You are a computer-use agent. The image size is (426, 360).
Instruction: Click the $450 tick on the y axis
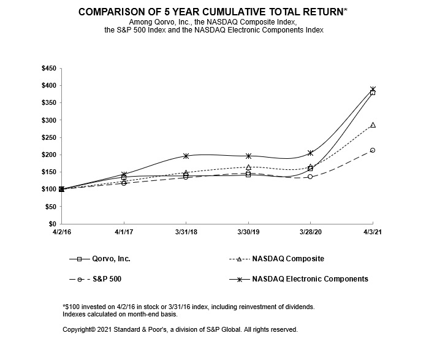click(x=47, y=68)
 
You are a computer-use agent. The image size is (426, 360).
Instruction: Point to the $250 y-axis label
click(x=47, y=137)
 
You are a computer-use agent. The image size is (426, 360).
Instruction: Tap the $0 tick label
click(x=51, y=224)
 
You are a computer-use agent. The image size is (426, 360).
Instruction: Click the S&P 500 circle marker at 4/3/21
click(x=372, y=150)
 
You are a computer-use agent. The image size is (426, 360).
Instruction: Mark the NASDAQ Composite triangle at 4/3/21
click(x=372, y=125)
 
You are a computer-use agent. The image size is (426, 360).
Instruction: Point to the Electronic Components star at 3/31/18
click(x=186, y=156)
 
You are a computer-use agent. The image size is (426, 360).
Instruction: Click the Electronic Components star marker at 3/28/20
click(x=310, y=153)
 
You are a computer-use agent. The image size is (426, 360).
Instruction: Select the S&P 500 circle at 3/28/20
click(x=310, y=177)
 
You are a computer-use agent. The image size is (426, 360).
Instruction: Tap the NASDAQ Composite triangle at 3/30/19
click(x=248, y=167)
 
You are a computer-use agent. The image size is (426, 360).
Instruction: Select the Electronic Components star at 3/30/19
click(x=248, y=156)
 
